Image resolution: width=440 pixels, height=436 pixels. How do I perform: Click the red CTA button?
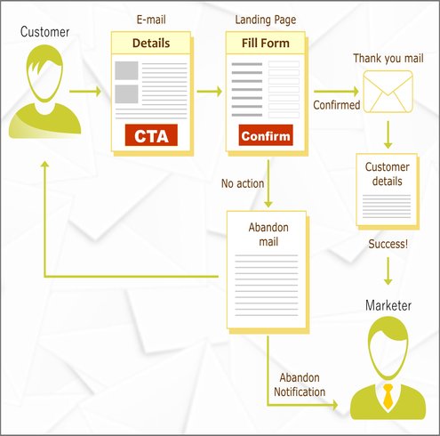[151, 135]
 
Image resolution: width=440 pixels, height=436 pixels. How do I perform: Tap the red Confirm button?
[266, 135]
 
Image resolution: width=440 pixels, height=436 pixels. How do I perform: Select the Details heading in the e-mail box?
[151, 43]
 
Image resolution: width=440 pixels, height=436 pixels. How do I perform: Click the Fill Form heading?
[266, 43]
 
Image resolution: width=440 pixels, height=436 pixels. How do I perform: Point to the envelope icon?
[388, 92]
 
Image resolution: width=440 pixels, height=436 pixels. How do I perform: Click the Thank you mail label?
[388, 59]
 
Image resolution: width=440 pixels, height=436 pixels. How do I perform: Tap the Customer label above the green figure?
[44, 32]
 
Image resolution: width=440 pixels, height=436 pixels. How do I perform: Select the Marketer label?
[388, 305]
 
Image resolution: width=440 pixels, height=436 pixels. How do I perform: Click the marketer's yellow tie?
[388, 396]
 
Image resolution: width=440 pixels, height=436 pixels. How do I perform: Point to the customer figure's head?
[44, 73]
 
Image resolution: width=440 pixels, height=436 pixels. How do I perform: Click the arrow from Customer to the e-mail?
[85, 91]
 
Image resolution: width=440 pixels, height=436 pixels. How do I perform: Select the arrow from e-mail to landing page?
[210, 91]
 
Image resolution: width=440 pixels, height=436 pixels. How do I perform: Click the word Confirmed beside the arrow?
[337, 105]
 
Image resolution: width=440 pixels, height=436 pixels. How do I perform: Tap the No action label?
[243, 183]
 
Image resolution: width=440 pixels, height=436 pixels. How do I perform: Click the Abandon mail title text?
[268, 234]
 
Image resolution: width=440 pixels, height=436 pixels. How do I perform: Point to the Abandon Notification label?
[300, 384]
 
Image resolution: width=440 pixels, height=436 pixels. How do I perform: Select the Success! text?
[388, 244]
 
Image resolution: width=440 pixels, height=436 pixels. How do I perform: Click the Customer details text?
[388, 174]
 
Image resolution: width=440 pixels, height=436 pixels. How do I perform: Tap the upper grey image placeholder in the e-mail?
[126, 70]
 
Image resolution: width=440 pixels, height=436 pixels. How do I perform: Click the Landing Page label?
[266, 20]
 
